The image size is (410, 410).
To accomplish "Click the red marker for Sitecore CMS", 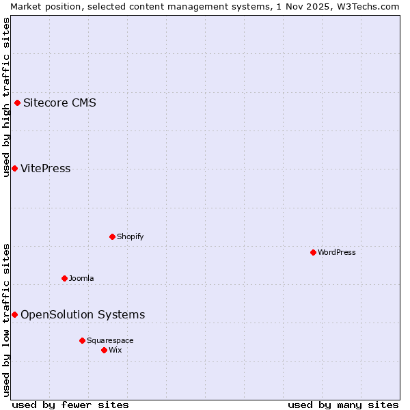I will [18, 103].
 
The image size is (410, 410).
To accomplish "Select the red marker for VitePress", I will [14, 169].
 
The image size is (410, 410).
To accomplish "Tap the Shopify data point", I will [113, 237].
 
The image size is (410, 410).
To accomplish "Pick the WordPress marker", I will [314, 252].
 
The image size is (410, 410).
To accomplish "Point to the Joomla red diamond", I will [65, 278].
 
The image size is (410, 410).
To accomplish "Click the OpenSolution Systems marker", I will [14, 314].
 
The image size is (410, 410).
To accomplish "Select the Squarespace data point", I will [82, 340].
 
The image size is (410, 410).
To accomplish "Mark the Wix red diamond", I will [105, 350].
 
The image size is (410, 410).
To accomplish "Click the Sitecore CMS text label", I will [59, 103].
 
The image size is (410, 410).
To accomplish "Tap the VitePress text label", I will [45, 169].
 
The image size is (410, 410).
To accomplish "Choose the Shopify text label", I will [130, 237].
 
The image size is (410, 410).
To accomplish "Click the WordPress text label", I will [337, 252].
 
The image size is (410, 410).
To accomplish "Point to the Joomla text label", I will [81, 278].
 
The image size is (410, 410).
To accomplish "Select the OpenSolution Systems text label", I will [83, 314].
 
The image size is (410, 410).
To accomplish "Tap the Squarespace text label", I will [110, 340].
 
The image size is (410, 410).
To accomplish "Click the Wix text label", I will [115, 350].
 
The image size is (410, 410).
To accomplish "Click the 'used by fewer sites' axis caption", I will [70, 405].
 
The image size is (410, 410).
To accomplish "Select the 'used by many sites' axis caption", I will [343, 405].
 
